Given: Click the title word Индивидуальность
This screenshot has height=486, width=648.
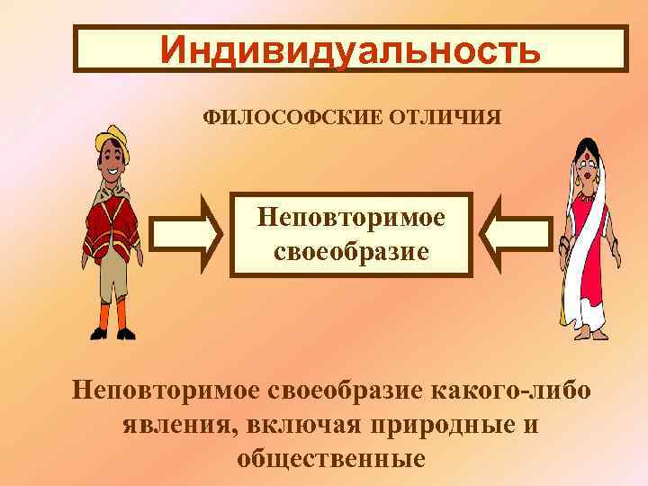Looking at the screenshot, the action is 351,50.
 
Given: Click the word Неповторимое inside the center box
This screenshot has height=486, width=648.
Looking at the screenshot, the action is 351,217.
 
